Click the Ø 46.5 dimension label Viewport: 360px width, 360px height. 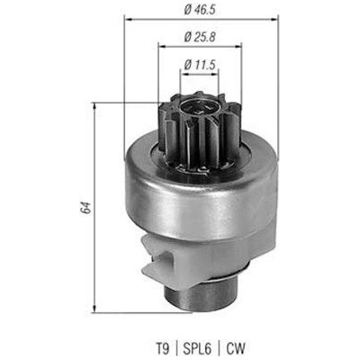(x=200, y=10)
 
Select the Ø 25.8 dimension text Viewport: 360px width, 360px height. (x=200, y=38)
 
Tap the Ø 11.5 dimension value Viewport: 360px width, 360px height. (x=201, y=65)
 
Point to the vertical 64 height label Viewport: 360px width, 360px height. (x=85, y=208)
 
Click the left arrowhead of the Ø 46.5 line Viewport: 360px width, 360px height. (x=128, y=20)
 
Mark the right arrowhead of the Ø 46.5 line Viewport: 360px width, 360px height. (x=274, y=20)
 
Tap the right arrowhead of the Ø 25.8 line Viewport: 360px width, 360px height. (x=238, y=46)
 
